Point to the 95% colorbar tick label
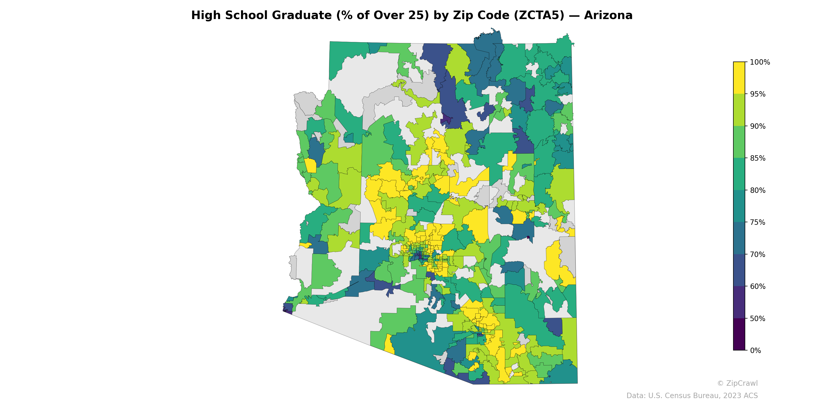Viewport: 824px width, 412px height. point(758,94)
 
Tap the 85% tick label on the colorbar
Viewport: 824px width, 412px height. point(758,158)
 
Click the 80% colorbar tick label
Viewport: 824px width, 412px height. point(758,190)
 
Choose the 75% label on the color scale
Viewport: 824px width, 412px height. point(758,222)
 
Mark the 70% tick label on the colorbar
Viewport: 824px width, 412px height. point(758,255)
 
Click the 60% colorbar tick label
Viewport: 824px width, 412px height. point(758,287)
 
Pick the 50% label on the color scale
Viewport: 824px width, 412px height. point(758,319)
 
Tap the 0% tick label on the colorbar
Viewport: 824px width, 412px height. point(755,350)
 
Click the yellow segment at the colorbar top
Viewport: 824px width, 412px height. point(739,78)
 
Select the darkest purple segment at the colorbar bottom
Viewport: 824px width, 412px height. point(739,334)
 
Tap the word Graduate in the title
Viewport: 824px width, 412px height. point(302,15)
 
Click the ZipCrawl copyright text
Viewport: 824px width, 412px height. point(737,383)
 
